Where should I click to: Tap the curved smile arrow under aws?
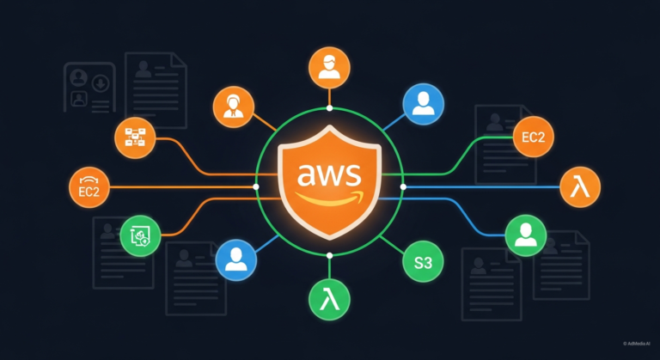329,200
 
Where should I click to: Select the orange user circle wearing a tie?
233,107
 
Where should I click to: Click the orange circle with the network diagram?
135,137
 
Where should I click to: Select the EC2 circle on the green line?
533,137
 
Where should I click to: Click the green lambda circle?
329,301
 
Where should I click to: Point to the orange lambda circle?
581,186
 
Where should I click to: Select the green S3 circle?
423,263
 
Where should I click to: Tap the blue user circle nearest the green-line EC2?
423,105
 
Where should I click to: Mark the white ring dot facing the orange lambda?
404,186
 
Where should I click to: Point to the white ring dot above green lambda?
329,256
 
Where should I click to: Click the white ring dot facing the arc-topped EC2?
255,186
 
